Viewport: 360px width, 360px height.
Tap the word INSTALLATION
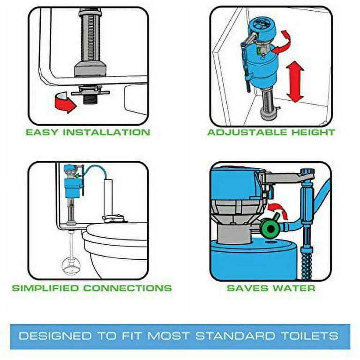pos(106,132)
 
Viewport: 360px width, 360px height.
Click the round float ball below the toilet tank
pos(71,266)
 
